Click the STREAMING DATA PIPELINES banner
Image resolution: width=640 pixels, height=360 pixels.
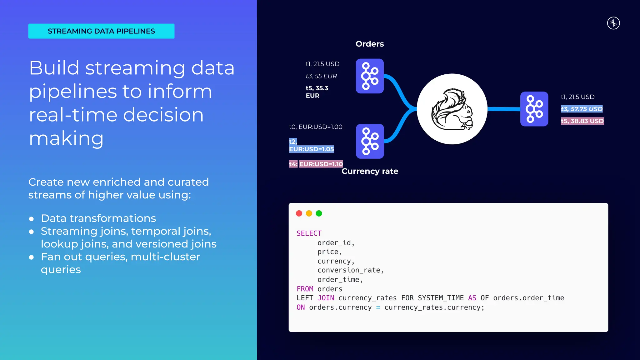101,31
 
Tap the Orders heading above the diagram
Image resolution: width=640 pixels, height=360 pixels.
370,44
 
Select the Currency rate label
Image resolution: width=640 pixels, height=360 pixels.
370,171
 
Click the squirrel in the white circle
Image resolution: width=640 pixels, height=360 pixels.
452,109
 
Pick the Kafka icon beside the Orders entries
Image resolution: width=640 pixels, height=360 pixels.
370,76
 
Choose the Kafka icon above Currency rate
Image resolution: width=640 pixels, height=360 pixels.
370,141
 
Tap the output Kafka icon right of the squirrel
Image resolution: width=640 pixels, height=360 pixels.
534,109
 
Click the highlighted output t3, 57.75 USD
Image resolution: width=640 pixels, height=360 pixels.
582,109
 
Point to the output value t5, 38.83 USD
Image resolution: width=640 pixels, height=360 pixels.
582,121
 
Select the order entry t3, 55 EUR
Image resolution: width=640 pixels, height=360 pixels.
321,76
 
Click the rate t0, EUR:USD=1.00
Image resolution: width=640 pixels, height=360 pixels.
316,127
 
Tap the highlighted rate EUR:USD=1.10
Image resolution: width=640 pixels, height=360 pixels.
321,164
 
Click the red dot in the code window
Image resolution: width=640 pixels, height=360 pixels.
299,213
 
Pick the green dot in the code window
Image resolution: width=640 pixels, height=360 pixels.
319,213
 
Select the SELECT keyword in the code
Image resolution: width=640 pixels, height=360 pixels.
309,233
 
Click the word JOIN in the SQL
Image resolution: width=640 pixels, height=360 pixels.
326,298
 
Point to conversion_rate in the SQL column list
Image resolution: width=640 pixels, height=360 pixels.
350,270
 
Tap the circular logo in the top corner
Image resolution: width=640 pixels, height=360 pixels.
613,23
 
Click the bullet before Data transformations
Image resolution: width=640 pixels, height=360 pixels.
31,219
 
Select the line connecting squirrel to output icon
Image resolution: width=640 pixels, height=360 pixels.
504,109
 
